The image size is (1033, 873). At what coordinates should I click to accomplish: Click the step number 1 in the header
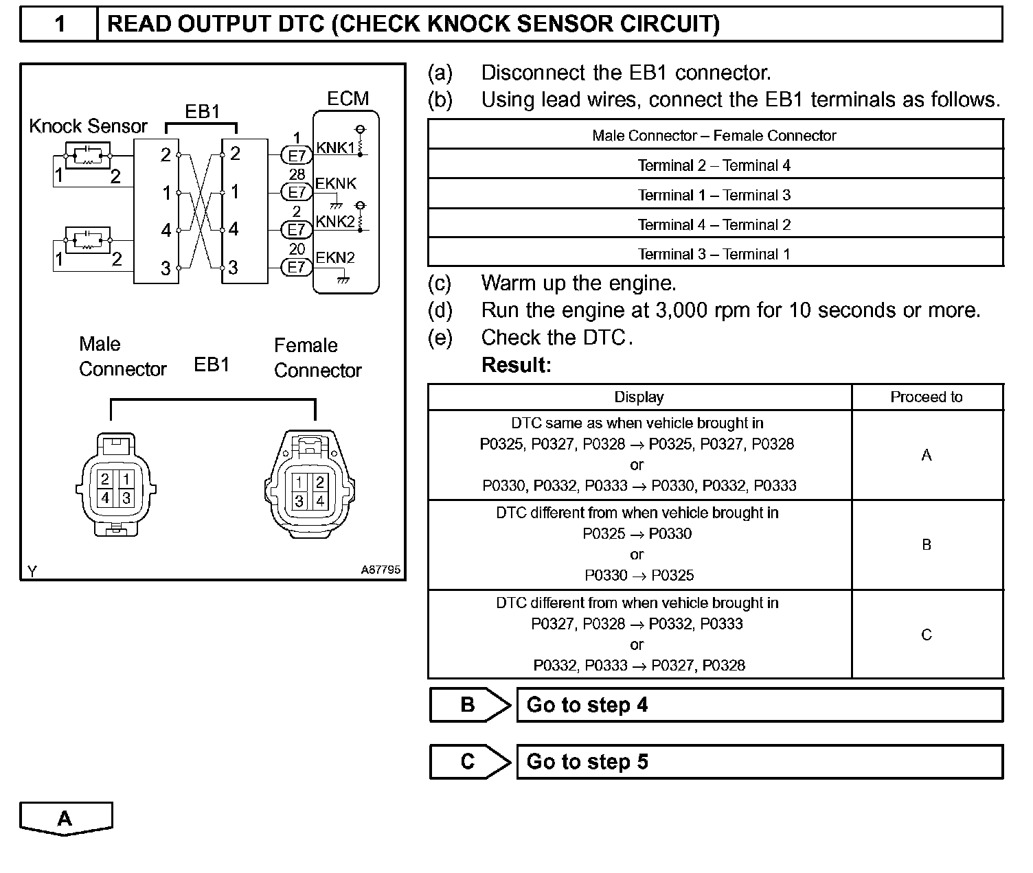point(60,25)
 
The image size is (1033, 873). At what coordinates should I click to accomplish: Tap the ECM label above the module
point(348,99)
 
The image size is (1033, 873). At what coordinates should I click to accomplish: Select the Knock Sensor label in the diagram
point(88,126)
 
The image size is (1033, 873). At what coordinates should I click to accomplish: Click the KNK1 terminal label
point(335,148)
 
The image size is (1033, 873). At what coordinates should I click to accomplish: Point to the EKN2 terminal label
point(335,258)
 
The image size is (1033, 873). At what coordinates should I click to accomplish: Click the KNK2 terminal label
point(335,222)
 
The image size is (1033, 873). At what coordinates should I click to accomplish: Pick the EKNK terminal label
point(336,184)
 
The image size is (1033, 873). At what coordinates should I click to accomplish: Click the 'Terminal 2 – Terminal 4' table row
point(714,165)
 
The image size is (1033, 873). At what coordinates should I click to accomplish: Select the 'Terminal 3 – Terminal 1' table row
point(714,254)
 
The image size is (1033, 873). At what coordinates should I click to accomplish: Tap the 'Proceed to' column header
point(927,397)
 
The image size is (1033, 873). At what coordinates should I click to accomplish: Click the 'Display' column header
point(639,397)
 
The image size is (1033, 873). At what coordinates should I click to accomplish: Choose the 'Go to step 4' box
point(759,705)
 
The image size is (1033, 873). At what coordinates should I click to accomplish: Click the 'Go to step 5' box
point(759,762)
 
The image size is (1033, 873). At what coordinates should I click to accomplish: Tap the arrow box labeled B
point(470,705)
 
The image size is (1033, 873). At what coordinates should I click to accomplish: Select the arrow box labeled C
point(470,762)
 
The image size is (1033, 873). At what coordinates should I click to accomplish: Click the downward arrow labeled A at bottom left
point(65,819)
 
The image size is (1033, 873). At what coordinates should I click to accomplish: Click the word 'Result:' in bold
point(516,365)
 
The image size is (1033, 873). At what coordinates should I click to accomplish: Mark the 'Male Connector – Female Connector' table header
point(714,136)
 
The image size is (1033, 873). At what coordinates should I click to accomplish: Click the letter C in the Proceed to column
point(927,635)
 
